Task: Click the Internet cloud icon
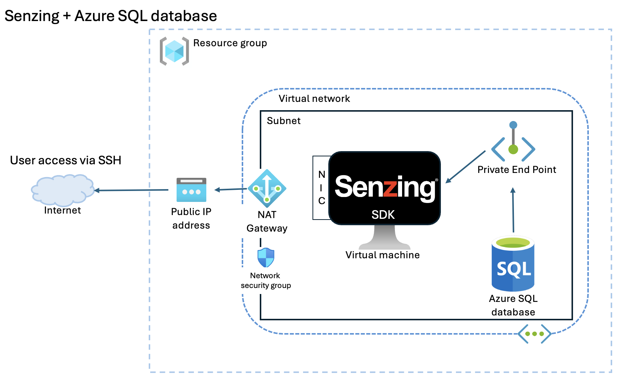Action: click(x=62, y=189)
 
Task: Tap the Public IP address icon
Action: click(x=191, y=190)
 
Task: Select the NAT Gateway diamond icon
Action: click(x=267, y=188)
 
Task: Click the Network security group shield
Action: click(x=266, y=258)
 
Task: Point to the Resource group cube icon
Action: click(x=174, y=51)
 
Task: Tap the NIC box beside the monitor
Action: click(x=321, y=188)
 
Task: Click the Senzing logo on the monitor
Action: click(x=385, y=187)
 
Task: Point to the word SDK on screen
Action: click(x=383, y=215)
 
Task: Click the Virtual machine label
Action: click(x=383, y=255)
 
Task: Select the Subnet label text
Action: click(x=283, y=121)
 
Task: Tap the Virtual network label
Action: click(x=314, y=99)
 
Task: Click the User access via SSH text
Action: click(x=66, y=160)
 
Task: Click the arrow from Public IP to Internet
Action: click(x=132, y=190)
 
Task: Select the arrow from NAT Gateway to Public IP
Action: click(x=230, y=189)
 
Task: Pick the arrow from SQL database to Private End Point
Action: click(x=513, y=211)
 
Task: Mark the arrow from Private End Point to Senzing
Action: click(x=466, y=167)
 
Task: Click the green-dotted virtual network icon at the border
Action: click(x=534, y=333)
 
